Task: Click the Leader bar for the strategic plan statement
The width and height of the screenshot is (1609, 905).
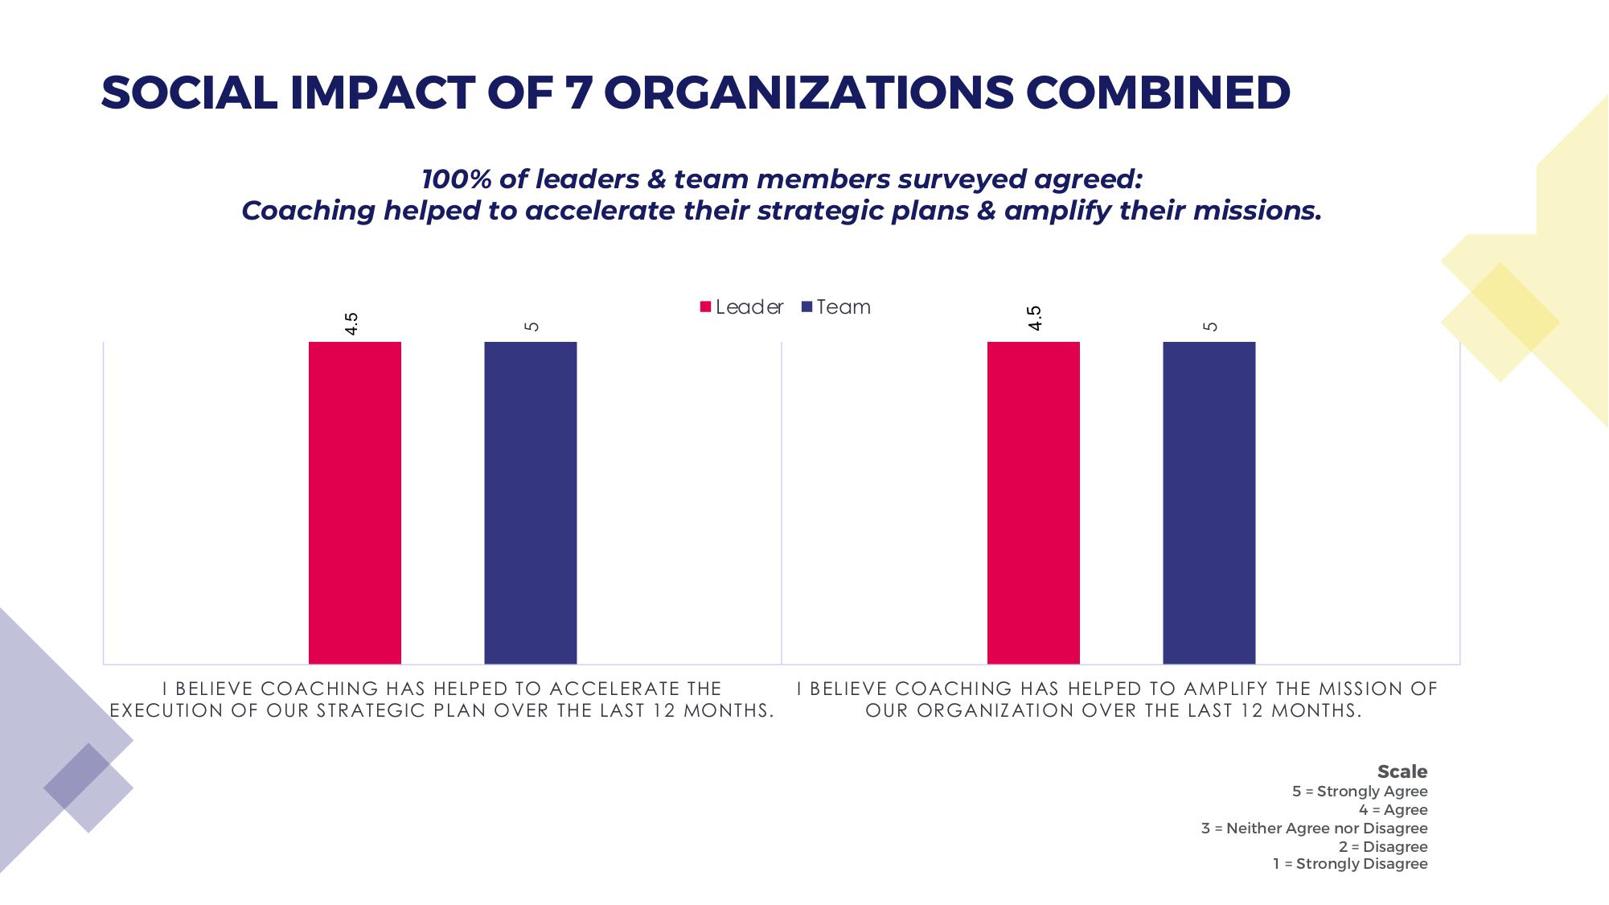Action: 355,503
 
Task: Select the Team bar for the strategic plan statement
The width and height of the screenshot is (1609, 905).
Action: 530,503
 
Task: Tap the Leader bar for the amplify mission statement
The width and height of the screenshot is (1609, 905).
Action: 1033,503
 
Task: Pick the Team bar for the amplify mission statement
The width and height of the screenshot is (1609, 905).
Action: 1209,503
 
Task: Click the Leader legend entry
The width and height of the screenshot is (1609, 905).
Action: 741,307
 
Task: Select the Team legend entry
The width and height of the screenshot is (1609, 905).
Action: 836,307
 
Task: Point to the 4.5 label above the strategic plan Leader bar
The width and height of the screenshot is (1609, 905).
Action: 351,323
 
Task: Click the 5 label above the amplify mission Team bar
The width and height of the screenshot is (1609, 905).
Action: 1210,326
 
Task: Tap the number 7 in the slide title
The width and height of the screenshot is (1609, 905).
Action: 579,93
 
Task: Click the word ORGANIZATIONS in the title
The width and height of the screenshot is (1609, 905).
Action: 809,93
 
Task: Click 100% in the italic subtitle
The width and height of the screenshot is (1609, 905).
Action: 456,179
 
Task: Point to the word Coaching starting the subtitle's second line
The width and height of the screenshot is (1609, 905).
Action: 308,211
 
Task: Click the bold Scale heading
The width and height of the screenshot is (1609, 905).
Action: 1402,771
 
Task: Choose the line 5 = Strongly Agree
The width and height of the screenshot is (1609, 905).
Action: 1360,792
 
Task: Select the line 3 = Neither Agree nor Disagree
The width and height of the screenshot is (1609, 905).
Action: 1314,829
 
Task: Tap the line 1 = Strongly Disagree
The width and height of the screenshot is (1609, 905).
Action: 1350,864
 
